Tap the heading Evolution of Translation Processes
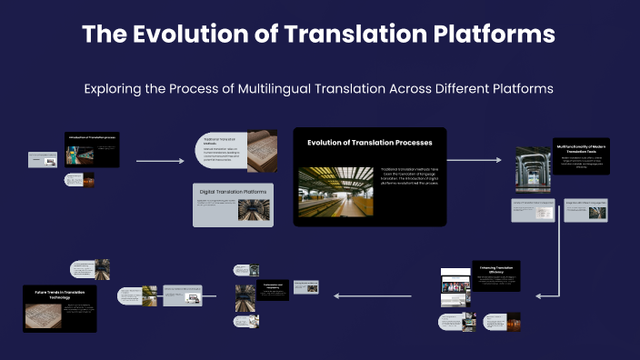click(369, 143)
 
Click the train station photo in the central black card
click(336, 191)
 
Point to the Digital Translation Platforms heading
click(235, 191)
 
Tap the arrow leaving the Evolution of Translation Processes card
click(475, 161)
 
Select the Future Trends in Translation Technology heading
click(60, 294)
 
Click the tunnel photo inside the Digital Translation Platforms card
click(254, 210)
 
